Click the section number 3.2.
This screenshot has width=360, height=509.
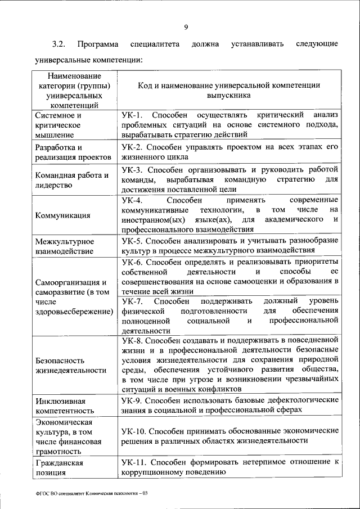click(x=60, y=43)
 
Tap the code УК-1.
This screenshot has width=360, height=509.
click(x=133, y=115)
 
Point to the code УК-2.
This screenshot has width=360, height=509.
click(x=133, y=146)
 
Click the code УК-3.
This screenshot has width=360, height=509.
click(x=133, y=169)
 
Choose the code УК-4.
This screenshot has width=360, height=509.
click(x=133, y=200)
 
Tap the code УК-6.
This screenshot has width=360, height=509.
click(x=133, y=262)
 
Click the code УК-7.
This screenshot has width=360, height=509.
click(x=133, y=301)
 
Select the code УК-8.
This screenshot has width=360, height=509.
click(x=133, y=340)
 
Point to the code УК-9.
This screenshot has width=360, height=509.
click(x=133, y=400)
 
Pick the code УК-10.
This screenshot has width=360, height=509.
click(x=135, y=431)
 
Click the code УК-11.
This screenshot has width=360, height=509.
click(x=135, y=462)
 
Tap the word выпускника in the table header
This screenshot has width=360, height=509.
click(x=229, y=96)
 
